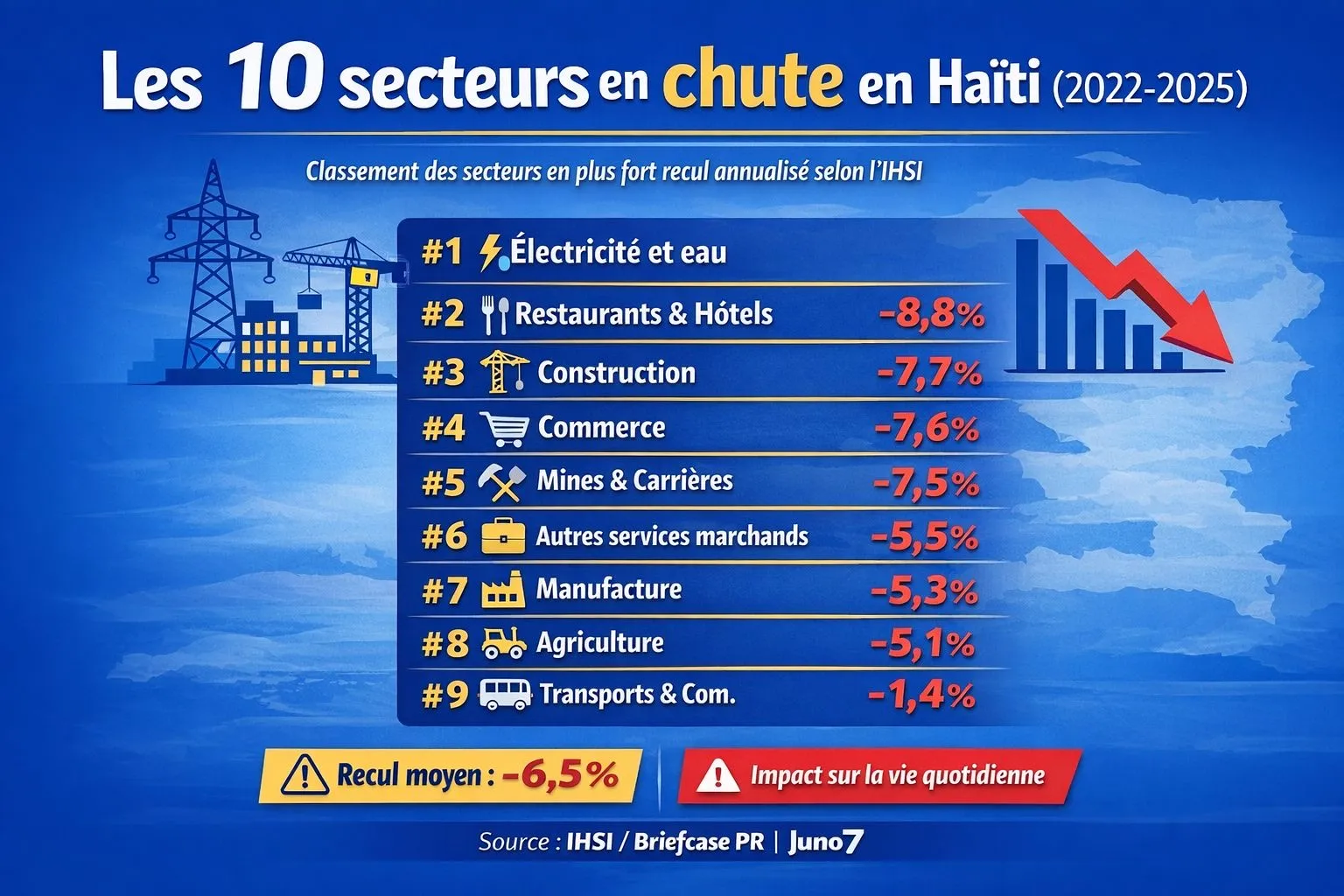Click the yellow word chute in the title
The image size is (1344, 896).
coord(752,80)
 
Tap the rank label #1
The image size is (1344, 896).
coord(441,253)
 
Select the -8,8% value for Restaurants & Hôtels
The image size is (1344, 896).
coord(933,314)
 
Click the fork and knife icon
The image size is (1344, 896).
coord(495,314)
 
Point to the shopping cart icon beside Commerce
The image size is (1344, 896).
coord(506,429)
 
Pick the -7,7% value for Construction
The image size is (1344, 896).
coord(929,374)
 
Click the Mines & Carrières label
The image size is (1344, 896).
coord(634,480)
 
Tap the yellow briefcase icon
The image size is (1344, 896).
coord(503,536)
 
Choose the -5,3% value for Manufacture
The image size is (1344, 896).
coord(924,591)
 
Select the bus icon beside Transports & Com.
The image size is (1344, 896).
coord(505,696)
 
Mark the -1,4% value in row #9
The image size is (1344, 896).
coord(921,696)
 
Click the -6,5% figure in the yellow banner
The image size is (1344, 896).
coord(560,774)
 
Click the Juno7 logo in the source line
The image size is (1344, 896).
coord(825,842)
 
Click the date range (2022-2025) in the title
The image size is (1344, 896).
coord(1150,89)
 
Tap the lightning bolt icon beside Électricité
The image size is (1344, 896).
coord(490,252)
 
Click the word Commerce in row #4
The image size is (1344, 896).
coord(601,428)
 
